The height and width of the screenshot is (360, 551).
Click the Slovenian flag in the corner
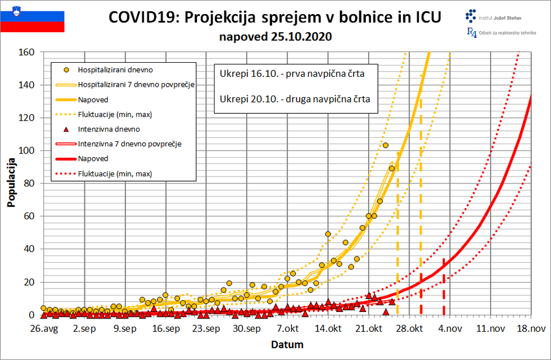click(x=32, y=18)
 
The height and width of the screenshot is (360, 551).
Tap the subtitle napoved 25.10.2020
click(x=275, y=37)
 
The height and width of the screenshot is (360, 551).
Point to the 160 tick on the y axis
click(x=28, y=52)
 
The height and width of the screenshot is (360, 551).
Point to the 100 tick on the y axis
click(x=28, y=151)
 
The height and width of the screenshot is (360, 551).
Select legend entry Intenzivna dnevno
click(x=108, y=129)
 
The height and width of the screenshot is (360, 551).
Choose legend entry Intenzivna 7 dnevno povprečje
click(x=130, y=144)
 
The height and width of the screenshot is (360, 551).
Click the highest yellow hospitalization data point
click(x=386, y=145)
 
